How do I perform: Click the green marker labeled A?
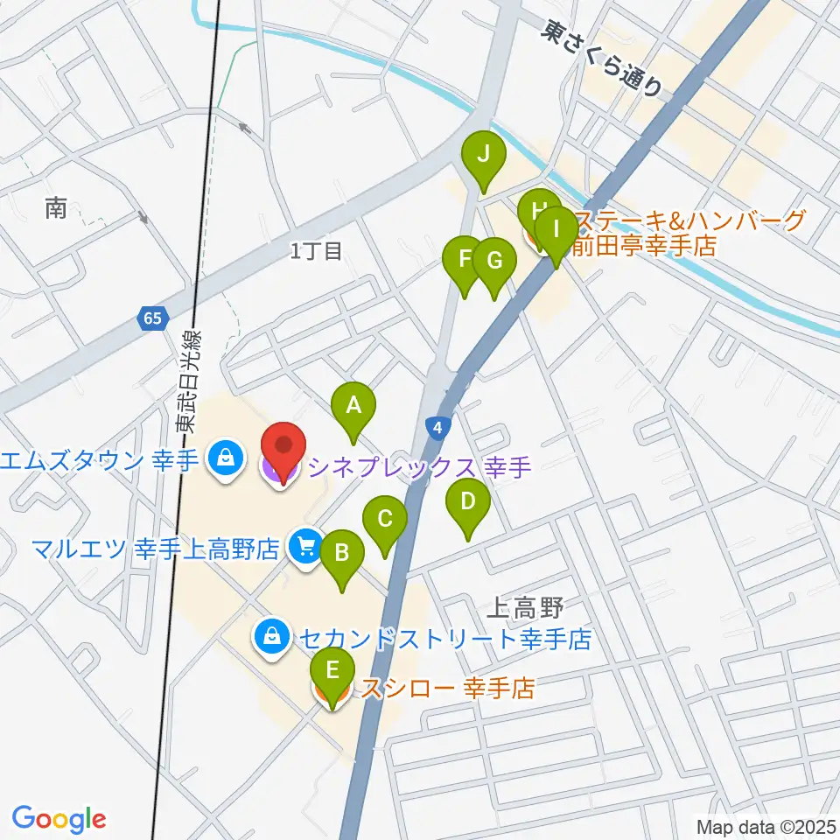353,407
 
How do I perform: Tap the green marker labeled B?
342,555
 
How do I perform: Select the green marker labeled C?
385,520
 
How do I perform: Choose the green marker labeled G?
493,262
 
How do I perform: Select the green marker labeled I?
556,232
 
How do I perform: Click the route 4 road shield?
437,429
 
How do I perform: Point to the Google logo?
59,819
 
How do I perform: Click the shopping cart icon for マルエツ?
305,549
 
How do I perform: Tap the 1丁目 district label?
316,252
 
